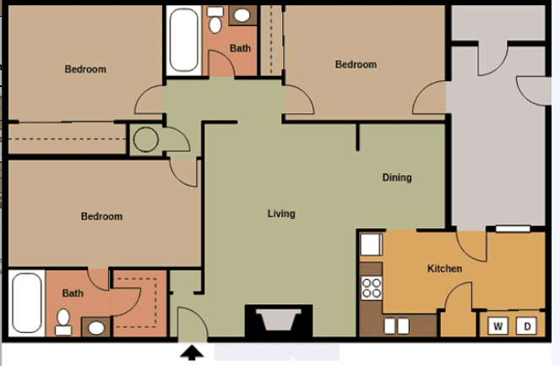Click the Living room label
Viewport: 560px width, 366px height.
(281, 214)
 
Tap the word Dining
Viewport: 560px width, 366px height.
(397, 178)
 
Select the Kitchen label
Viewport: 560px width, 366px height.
(444, 269)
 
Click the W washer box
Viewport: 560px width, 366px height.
(497, 325)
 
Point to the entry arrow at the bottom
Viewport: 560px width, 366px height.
(193, 352)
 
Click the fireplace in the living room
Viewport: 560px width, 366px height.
(278, 322)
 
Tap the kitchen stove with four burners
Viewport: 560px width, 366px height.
(372, 287)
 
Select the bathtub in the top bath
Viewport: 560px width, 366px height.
(183, 41)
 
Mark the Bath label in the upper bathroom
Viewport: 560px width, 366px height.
(241, 48)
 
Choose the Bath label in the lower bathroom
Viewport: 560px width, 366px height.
(73, 293)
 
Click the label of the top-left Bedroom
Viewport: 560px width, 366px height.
(85, 69)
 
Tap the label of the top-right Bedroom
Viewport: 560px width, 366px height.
(356, 64)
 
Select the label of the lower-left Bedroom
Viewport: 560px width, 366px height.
(101, 216)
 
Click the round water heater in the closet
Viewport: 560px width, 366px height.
(145, 139)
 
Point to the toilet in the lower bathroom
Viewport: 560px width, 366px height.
(63, 320)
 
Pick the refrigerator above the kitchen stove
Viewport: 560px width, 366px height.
(372, 245)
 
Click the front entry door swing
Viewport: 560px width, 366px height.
(189, 326)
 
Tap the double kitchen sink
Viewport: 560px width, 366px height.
(397, 325)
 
